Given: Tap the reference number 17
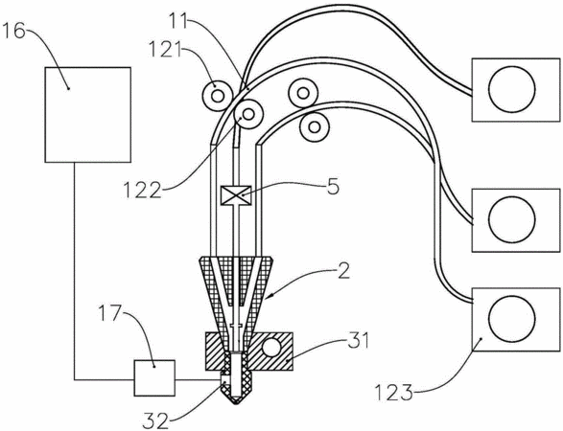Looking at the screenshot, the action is click(x=110, y=314).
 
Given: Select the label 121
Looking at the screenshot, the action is click(x=166, y=52).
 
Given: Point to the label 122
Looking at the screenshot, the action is click(x=142, y=190).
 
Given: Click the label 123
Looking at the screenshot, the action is click(x=394, y=393).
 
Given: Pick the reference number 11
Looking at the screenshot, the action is click(x=179, y=22).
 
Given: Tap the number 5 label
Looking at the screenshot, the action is click(x=333, y=187).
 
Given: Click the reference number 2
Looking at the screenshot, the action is click(x=343, y=271).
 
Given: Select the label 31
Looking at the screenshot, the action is click(x=359, y=341).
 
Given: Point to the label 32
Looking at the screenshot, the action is click(x=155, y=420).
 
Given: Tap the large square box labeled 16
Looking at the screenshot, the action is click(x=87, y=115).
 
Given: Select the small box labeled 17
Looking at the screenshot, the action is click(x=154, y=378).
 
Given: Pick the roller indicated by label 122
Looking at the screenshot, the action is click(x=248, y=114).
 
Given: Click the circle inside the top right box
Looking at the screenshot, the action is click(x=512, y=89).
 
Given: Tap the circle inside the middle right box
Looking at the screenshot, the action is click(x=512, y=219).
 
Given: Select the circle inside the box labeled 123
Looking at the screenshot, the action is click(x=512, y=319).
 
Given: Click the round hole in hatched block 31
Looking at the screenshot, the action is click(x=271, y=348).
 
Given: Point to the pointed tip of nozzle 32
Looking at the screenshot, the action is click(x=235, y=404).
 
